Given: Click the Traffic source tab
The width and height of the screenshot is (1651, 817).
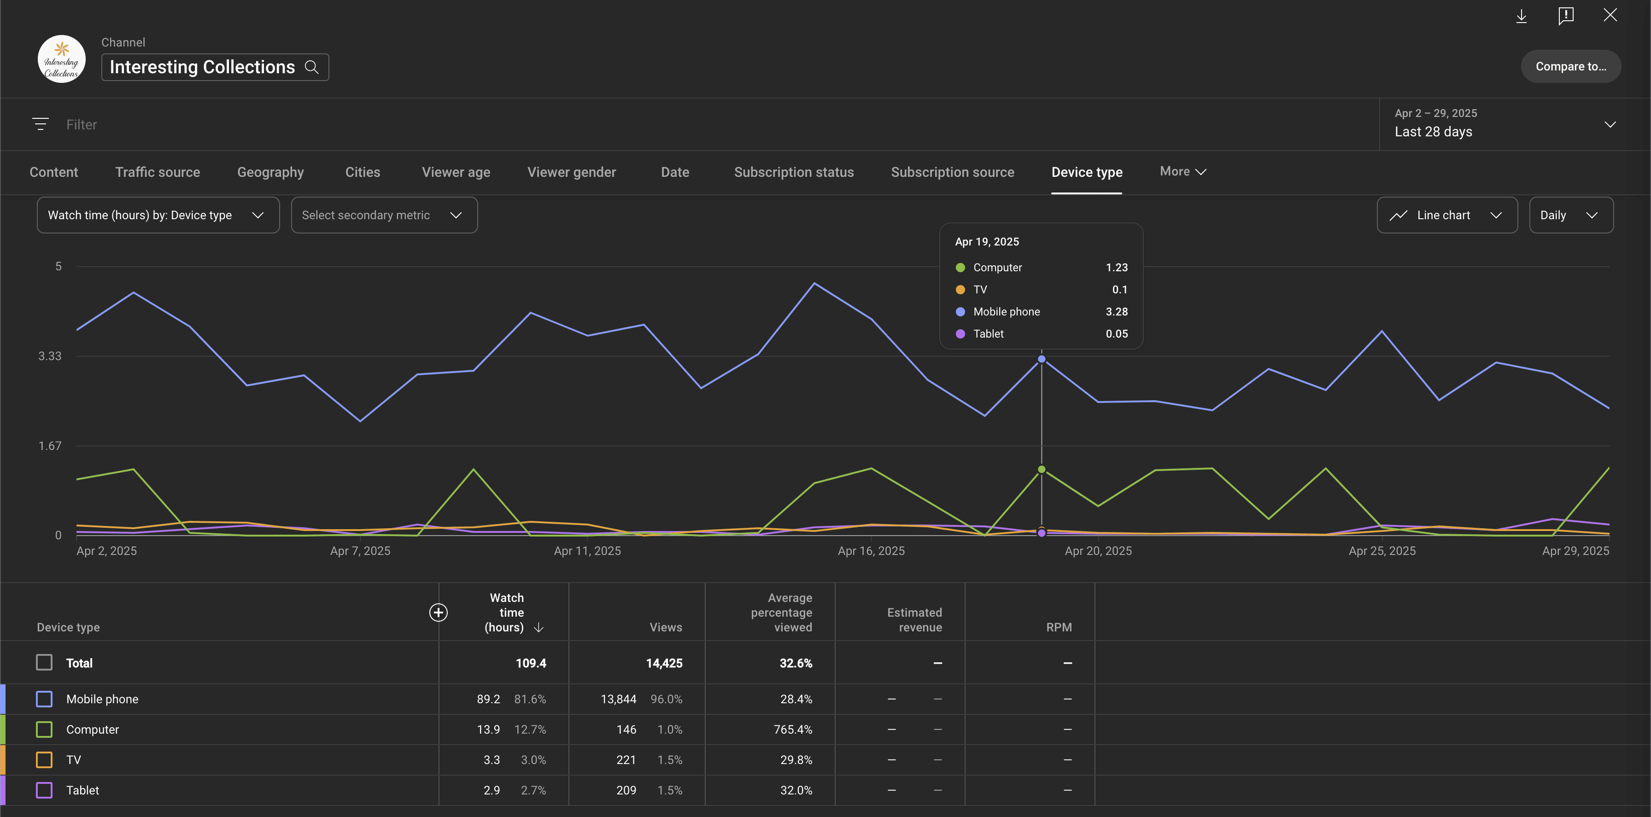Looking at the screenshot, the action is pyautogui.click(x=158, y=172).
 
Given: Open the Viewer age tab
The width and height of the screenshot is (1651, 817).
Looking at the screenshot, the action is pyautogui.click(x=456, y=172).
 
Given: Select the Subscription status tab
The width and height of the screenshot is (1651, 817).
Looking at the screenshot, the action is pyautogui.click(x=793, y=172).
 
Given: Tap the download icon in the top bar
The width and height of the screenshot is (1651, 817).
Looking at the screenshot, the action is pyautogui.click(x=1521, y=16).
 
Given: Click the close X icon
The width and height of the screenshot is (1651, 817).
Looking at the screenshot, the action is pyautogui.click(x=1610, y=15).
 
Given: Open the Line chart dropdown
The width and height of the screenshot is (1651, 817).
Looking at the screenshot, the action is pyautogui.click(x=1446, y=216).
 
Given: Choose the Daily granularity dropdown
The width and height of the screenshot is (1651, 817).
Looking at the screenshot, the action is pyautogui.click(x=1571, y=216).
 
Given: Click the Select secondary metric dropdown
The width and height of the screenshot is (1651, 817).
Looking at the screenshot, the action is pyautogui.click(x=384, y=216).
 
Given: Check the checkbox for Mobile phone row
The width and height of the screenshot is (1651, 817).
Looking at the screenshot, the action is pyautogui.click(x=44, y=699).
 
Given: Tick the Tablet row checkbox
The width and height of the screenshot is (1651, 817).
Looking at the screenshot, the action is pyautogui.click(x=44, y=790).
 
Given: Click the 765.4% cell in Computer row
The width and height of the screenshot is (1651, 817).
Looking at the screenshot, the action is pyautogui.click(x=792, y=729).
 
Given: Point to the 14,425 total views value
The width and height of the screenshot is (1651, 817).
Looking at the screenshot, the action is pyautogui.click(x=663, y=663).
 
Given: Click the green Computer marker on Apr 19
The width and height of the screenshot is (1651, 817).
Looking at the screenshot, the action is pyautogui.click(x=1042, y=470).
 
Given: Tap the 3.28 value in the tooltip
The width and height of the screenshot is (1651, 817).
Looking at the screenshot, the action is pyautogui.click(x=1117, y=311).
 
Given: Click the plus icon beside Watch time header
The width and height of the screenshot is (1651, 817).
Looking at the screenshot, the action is pyautogui.click(x=439, y=613).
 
